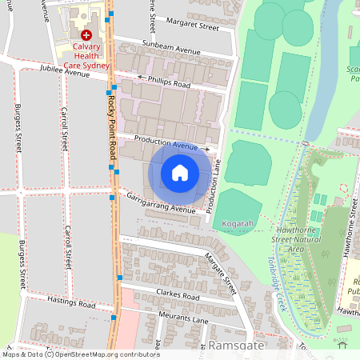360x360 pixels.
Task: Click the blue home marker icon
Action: (180, 173)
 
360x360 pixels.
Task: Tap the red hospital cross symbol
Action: (86, 36)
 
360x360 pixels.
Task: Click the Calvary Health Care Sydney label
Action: (86, 56)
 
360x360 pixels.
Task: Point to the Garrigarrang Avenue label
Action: (158, 203)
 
